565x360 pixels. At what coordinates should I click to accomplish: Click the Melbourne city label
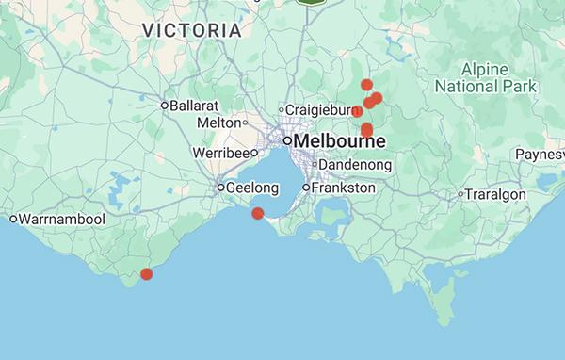tap(340, 141)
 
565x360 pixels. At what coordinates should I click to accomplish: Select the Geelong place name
tap(253, 188)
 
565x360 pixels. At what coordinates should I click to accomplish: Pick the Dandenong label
tap(355, 164)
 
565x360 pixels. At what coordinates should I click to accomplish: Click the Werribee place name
tap(219, 152)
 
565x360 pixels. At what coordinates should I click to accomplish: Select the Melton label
tap(219, 123)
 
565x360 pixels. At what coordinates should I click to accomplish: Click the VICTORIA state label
tap(192, 31)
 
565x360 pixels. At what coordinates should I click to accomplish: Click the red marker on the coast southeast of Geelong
tap(258, 214)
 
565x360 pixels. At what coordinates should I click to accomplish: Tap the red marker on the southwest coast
tap(147, 274)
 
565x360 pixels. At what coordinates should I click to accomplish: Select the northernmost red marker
tap(366, 85)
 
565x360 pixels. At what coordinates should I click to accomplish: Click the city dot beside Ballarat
tap(164, 105)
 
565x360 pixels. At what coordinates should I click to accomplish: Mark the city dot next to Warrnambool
tap(13, 219)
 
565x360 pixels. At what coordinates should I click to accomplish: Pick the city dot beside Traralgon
tap(460, 194)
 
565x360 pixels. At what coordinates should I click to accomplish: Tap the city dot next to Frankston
tap(306, 188)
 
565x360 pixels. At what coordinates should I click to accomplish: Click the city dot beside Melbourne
tap(287, 141)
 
